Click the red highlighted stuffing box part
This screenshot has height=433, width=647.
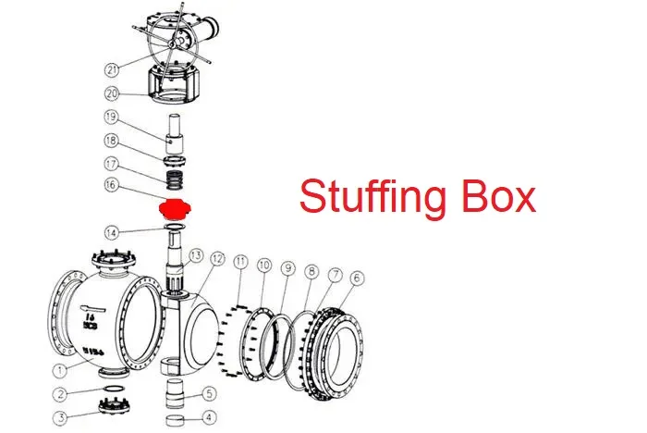(173, 207)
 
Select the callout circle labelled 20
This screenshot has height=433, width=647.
(112, 93)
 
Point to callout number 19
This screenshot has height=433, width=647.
(112, 118)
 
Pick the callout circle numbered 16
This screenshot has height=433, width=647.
(112, 186)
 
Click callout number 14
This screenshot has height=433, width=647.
(112, 231)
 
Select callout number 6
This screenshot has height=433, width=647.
(357, 278)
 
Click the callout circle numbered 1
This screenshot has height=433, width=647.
(60, 373)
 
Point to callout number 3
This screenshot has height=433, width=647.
(60, 418)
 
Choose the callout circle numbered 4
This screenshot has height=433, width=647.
(209, 417)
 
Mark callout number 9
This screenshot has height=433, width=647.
(287, 268)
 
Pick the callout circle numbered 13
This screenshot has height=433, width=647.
(195, 254)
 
